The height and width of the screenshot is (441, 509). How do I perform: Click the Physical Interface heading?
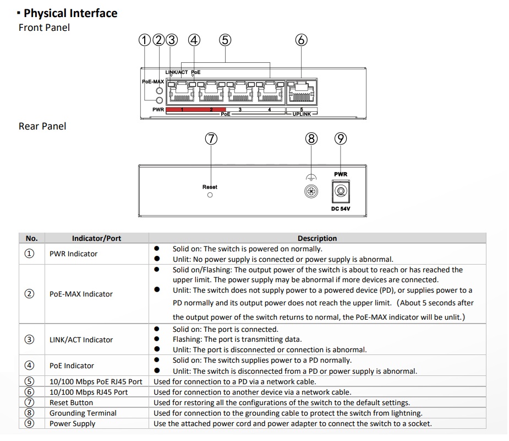pyautogui.click(x=70, y=13)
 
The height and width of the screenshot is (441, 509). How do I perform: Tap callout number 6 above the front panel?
pyautogui.click(x=301, y=40)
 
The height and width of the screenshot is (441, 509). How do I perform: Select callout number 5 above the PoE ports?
pyautogui.click(x=225, y=40)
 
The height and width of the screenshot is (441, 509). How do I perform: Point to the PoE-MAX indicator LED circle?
pyautogui.click(x=160, y=91)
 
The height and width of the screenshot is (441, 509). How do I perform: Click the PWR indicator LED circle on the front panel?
pyautogui.click(x=160, y=100)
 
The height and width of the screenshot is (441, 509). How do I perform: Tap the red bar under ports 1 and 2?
pyautogui.click(x=196, y=110)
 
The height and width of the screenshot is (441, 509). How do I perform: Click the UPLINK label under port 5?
pyautogui.click(x=302, y=114)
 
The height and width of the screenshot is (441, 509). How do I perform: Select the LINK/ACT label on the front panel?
pyautogui.click(x=177, y=72)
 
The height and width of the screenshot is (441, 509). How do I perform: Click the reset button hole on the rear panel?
pyautogui.click(x=210, y=195)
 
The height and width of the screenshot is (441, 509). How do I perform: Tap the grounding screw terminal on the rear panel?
pyautogui.click(x=311, y=191)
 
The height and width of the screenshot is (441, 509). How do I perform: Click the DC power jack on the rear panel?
pyautogui.click(x=341, y=191)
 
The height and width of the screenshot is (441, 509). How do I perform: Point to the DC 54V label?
pyautogui.click(x=341, y=209)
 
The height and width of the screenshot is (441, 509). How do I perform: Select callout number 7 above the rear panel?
pyautogui.click(x=211, y=139)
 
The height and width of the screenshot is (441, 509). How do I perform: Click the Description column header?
pyautogui.click(x=317, y=238)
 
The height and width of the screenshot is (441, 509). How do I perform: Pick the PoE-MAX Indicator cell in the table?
pyautogui.click(x=81, y=294)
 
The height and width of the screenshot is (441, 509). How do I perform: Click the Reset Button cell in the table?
pyautogui.click(x=71, y=402)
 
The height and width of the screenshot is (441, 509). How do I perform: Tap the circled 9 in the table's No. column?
pyautogui.click(x=29, y=423)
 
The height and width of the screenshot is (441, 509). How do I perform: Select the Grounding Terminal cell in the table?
pyautogui.click(x=83, y=413)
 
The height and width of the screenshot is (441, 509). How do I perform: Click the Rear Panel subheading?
pyautogui.click(x=42, y=126)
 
